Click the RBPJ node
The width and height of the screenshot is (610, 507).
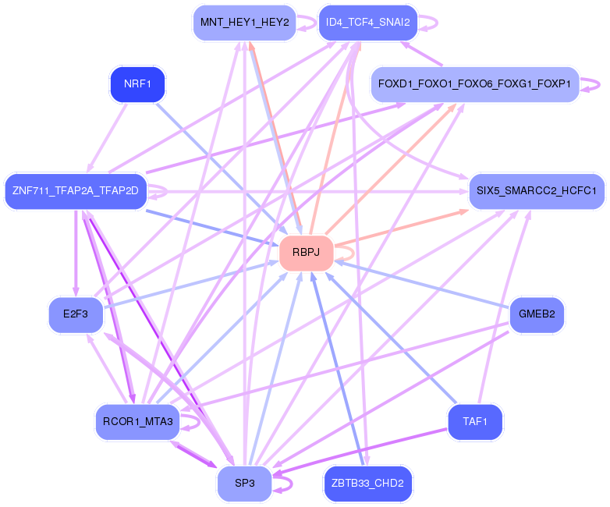(306, 253)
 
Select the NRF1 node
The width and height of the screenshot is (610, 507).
(138, 84)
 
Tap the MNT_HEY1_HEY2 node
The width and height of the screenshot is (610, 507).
(245, 23)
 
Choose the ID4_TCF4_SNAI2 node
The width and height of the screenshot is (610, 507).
(368, 23)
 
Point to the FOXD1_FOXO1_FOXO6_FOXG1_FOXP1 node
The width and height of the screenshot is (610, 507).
(475, 84)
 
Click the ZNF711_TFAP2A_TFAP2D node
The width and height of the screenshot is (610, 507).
(76, 191)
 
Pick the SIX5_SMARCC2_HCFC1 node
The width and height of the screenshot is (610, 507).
(537, 191)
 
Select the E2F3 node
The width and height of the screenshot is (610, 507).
(76, 315)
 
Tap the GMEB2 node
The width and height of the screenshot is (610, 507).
(537, 315)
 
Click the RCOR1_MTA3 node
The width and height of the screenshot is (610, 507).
(138, 422)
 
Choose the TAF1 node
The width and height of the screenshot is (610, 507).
(475, 422)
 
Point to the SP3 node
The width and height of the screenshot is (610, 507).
(245, 484)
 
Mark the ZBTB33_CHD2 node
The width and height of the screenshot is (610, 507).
(368, 484)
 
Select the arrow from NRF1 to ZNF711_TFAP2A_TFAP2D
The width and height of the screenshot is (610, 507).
(107, 138)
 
